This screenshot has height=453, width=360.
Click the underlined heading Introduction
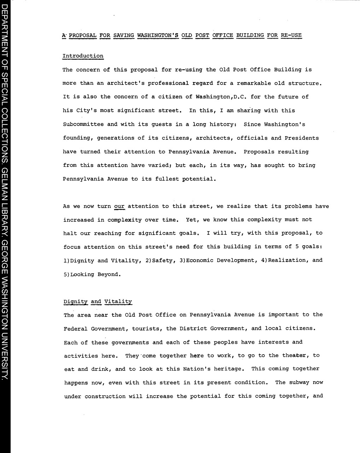coord(83,56)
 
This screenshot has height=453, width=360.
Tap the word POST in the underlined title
coord(202,35)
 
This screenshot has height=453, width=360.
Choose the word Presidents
coord(302,138)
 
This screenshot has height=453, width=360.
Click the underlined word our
coord(119,206)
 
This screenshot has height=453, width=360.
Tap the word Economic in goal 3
coord(200,260)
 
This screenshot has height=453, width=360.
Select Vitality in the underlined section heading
coord(118,302)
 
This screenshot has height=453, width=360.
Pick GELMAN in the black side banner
coord(5,202)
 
